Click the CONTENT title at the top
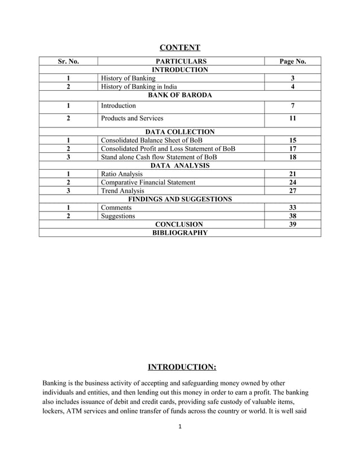click(x=180, y=47)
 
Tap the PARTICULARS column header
click(x=181, y=61)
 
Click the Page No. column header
click(x=292, y=61)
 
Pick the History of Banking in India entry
click(x=139, y=86)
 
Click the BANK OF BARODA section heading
click(x=180, y=95)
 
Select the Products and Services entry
click(x=132, y=118)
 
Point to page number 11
click(x=292, y=118)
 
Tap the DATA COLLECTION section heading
click(x=180, y=131)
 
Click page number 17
click(x=292, y=148)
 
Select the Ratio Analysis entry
click(x=121, y=174)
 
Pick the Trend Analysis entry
click(x=122, y=191)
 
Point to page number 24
click(x=292, y=182)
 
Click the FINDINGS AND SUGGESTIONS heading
click(x=180, y=199)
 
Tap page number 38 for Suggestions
click(x=292, y=216)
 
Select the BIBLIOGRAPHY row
click(x=180, y=232)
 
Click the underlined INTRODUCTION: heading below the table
click(x=182, y=368)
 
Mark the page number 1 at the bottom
click(x=179, y=443)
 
